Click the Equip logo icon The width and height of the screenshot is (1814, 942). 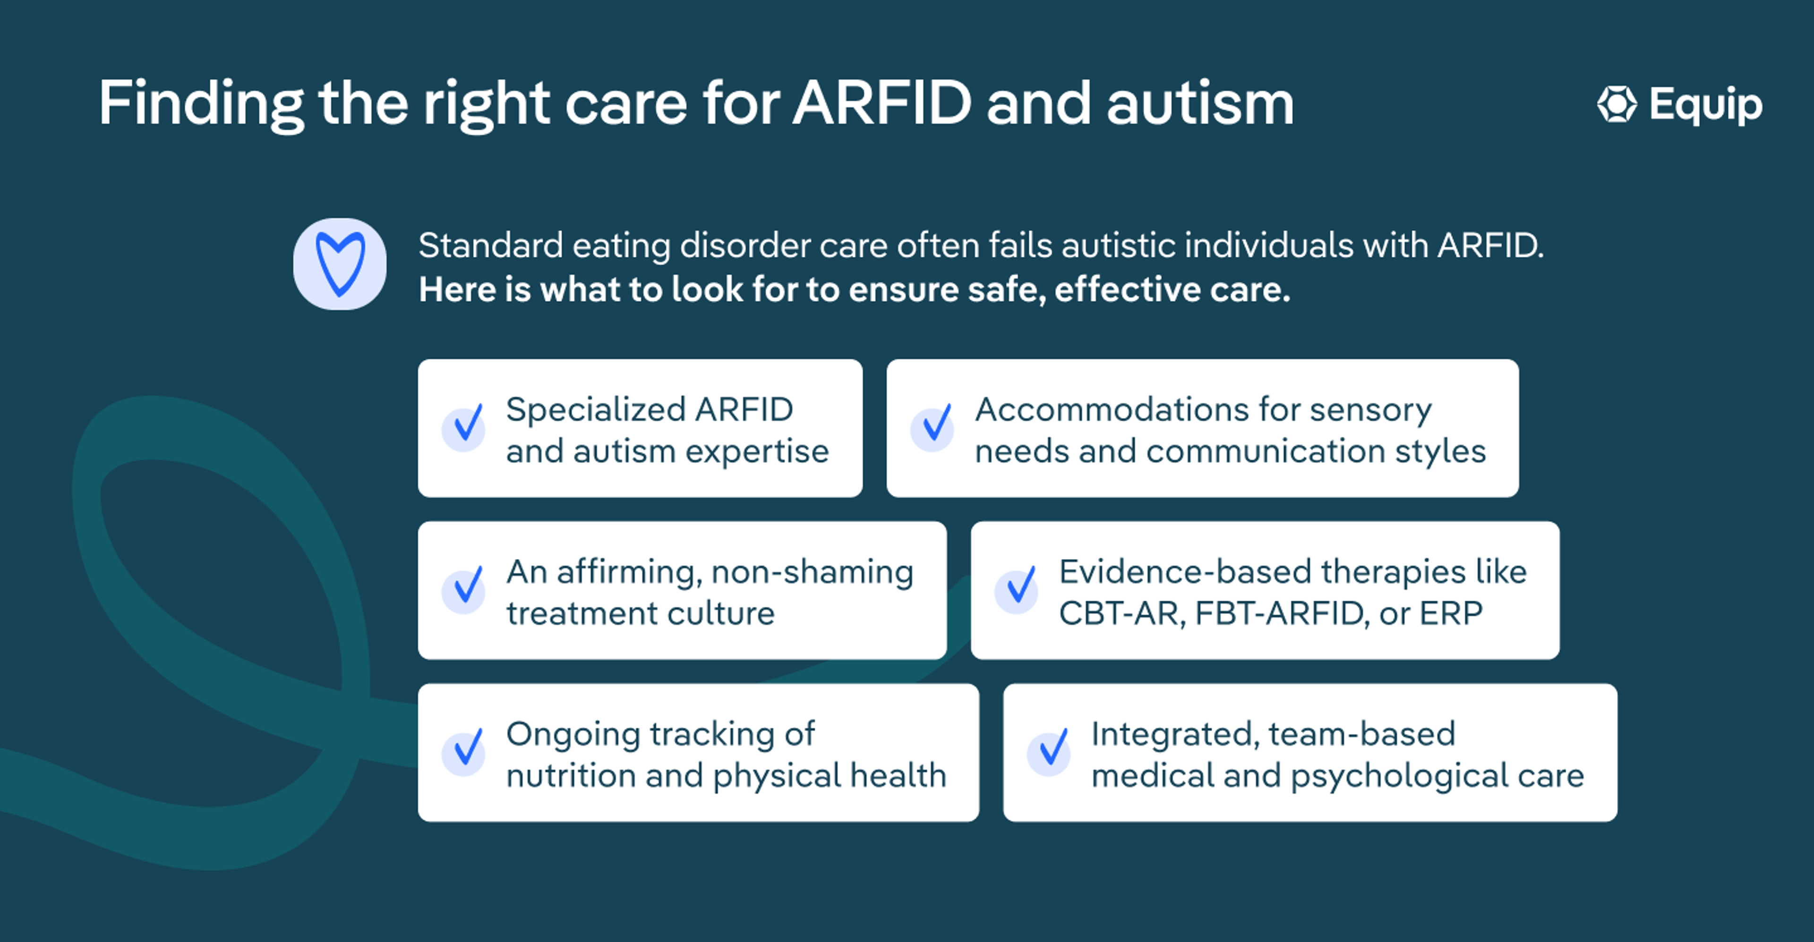tap(1617, 104)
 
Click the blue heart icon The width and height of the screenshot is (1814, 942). tap(340, 264)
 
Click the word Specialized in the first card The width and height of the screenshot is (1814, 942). tap(596, 410)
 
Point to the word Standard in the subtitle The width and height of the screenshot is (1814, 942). tap(491, 246)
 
